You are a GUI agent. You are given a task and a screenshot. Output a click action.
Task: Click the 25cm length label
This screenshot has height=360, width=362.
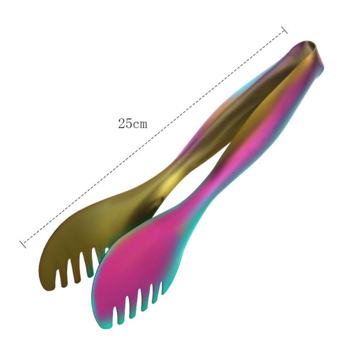132,123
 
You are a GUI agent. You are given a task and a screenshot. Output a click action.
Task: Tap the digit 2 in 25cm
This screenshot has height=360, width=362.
122,123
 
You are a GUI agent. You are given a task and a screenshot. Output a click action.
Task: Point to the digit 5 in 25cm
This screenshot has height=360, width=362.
129,123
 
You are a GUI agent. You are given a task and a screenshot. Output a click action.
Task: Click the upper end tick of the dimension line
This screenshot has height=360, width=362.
284,30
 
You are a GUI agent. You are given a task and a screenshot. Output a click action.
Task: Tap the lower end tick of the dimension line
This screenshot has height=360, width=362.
23,244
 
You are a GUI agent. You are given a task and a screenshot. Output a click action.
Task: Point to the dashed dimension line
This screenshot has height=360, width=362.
154,137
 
